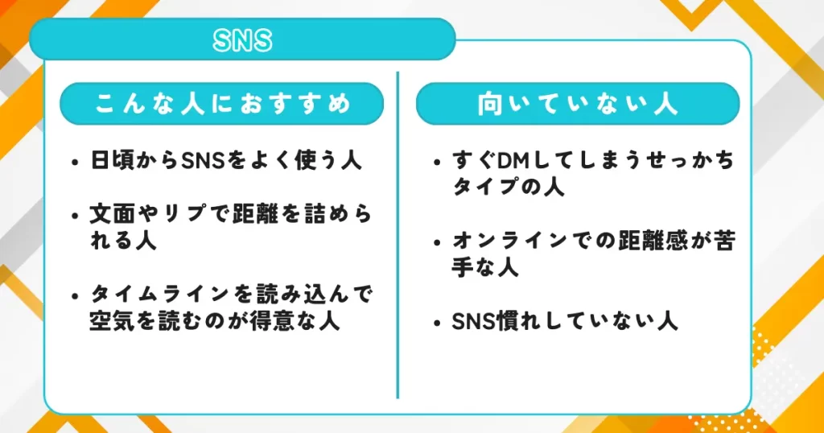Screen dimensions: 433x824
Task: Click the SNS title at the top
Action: (242, 40)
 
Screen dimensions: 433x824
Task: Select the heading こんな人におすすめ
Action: (223, 104)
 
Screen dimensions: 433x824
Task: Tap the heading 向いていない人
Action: (577, 104)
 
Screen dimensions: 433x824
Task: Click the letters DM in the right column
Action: (512, 162)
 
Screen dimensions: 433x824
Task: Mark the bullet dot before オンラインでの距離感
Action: (435, 242)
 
